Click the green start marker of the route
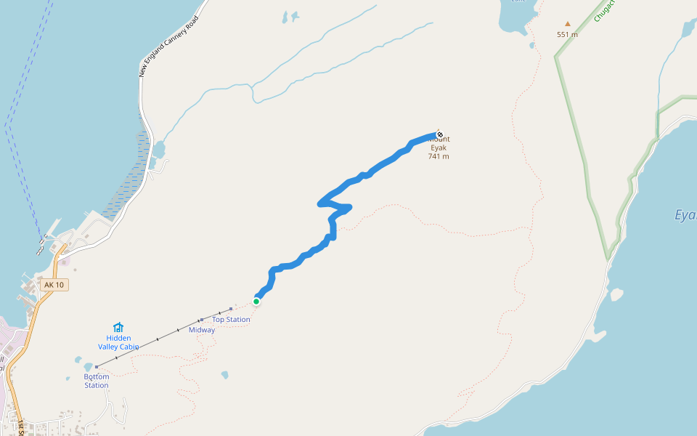click(256, 302)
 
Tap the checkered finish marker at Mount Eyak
click(439, 134)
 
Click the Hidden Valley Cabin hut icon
click(118, 328)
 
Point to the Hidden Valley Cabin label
click(118, 342)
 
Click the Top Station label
click(231, 320)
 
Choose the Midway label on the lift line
click(202, 330)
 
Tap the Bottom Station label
click(96, 381)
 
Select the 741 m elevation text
click(439, 156)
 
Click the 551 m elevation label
click(568, 34)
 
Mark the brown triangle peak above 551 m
click(568, 23)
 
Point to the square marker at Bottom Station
click(96, 367)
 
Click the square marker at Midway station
click(201, 320)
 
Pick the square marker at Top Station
click(231, 309)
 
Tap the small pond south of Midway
click(225, 375)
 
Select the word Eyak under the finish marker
click(439, 148)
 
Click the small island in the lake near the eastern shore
click(616, 294)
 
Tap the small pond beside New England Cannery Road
click(158, 150)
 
